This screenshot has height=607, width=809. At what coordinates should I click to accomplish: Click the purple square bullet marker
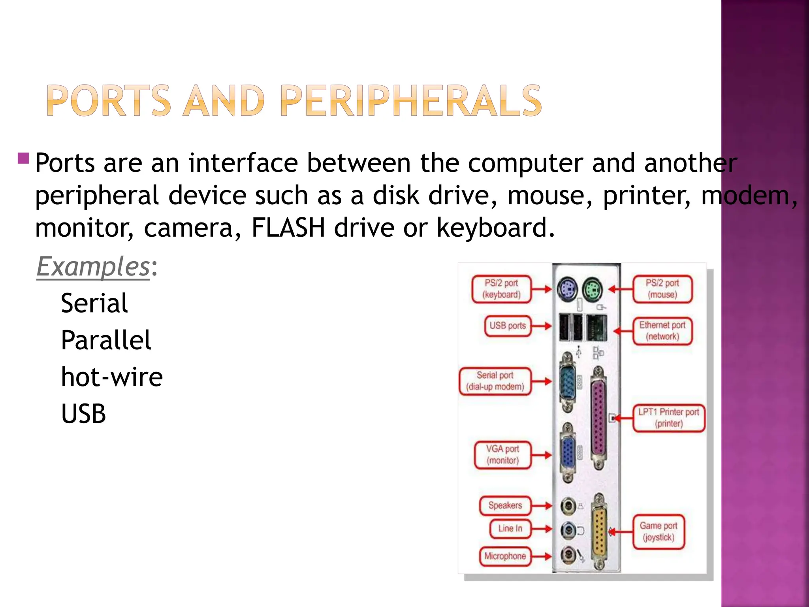[x=23, y=158]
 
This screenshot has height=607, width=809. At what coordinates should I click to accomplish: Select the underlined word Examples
[x=93, y=267]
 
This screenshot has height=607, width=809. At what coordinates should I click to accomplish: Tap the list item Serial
[x=94, y=303]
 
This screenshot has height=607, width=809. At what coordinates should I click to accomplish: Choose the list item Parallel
[x=106, y=340]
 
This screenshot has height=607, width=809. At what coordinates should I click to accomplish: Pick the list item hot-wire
[x=112, y=377]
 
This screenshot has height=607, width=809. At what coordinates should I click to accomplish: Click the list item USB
[x=83, y=414]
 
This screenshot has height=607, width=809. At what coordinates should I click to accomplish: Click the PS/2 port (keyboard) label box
[x=501, y=289]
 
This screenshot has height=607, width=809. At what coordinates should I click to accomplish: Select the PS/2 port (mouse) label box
[x=662, y=289]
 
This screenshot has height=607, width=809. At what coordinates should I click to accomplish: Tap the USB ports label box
[x=508, y=326]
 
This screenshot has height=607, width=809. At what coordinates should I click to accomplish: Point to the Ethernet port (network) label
[x=662, y=331]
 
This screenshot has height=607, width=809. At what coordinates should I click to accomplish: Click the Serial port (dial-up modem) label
[x=495, y=381]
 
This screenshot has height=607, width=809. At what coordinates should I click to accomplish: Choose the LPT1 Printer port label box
[x=668, y=418]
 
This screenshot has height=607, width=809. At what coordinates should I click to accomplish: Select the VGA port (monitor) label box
[x=502, y=455]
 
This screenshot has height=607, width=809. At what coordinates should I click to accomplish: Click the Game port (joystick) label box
[x=658, y=532]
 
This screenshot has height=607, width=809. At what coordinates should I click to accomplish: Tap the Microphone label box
[x=505, y=556]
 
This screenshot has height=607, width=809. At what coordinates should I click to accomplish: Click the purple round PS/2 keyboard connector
[x=567, y=289]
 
